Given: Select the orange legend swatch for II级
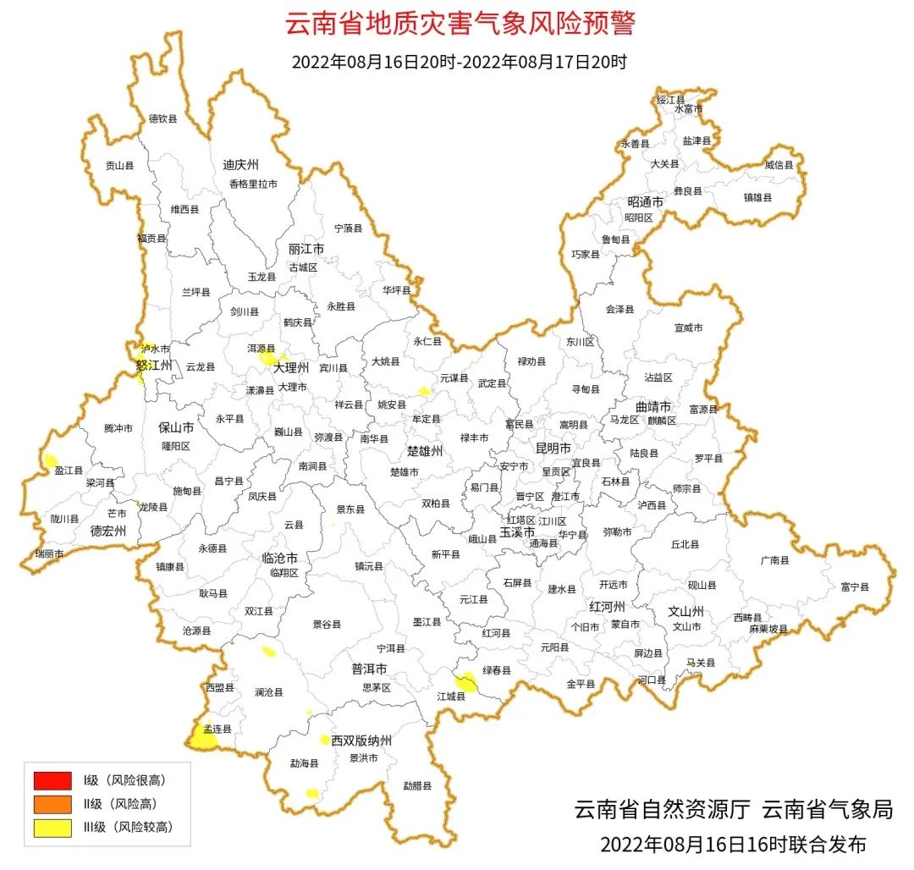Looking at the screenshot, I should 52,803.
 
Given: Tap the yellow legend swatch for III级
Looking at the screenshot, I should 52,827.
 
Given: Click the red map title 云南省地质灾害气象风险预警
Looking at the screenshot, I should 460,24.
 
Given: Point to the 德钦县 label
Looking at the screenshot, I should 163,119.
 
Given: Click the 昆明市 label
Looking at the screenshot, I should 553,447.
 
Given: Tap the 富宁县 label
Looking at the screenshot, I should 855,586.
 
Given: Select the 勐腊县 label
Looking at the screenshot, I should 417,785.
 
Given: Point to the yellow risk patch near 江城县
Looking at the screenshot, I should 466,682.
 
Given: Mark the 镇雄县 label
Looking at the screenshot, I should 757,197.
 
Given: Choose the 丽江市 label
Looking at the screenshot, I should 306,250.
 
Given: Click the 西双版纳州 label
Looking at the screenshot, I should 361,741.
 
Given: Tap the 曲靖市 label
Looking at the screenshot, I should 653,406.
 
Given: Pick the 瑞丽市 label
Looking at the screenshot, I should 49,553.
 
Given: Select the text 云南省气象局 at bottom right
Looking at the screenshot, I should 828,810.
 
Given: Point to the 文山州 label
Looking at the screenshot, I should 686,610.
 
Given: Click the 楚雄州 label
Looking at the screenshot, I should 425,451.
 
